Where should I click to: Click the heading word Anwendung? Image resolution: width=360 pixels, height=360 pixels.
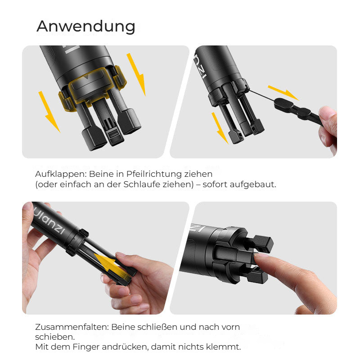click(86, 27)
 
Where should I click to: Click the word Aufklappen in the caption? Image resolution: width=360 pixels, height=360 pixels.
click(61, 174)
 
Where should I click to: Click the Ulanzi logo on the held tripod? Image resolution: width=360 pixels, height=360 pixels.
click(49, 222)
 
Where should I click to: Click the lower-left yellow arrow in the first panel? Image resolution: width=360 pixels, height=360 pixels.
click(49, 112)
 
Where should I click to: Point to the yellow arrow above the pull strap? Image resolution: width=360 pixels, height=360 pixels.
click(283, 93)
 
